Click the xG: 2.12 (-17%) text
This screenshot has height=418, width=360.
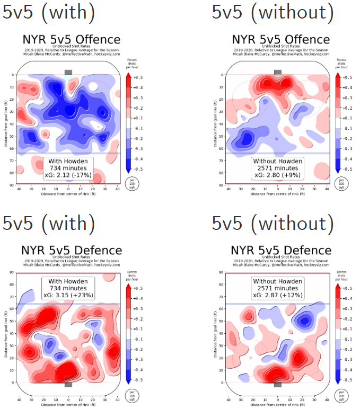(68, 175)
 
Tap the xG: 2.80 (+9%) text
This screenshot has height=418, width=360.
(278, 175)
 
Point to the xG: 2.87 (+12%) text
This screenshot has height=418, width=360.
(278, 296)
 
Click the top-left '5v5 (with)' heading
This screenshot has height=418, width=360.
(49, 12)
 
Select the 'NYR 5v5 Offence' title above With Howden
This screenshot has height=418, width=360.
(71, 40)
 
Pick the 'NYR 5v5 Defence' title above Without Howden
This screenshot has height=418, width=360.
(280, 251)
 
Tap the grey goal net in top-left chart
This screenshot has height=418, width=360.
(68, 72)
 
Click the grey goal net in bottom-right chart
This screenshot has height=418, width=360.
(278, 384)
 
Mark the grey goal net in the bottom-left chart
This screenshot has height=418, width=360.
(68, 384)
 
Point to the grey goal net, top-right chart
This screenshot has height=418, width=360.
(278, 72)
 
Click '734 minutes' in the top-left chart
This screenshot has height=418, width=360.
(68, 168)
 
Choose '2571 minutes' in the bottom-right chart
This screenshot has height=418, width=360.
(278, 288)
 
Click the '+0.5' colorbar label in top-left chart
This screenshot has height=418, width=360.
(137, 77)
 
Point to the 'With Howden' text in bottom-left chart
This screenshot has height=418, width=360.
(68, 281)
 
